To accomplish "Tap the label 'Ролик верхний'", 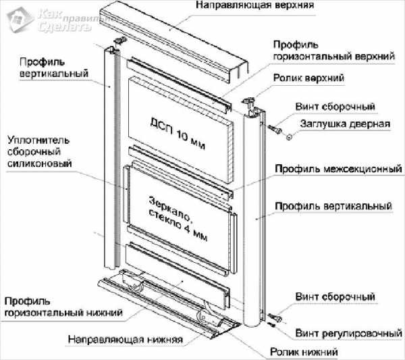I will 308,79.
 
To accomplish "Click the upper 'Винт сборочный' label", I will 335,107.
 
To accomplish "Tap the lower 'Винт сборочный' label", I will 334,297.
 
